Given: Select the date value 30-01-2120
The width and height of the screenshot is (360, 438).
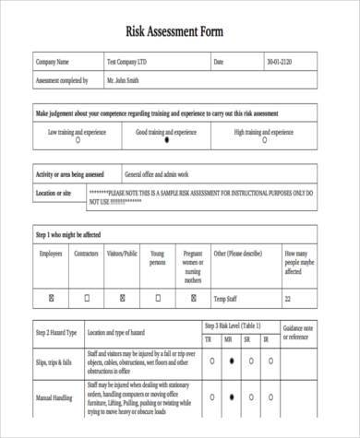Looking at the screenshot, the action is (279, 63).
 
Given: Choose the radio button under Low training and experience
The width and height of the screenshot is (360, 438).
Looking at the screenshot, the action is (77, 141).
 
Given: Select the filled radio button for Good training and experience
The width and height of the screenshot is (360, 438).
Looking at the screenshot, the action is (166, 141).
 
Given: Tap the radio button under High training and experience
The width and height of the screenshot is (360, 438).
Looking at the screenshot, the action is (266, 141).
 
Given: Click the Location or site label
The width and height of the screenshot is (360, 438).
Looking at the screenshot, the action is (54, 194).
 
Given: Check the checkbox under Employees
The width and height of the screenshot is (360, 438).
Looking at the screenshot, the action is (52, 299).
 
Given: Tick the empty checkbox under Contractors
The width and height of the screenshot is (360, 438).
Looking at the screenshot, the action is (87, 299).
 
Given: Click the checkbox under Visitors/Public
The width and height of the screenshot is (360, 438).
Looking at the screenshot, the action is (122, 299).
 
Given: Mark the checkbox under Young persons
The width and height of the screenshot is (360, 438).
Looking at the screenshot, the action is (158, 299).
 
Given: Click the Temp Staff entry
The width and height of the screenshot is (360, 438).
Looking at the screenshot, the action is (227, 299).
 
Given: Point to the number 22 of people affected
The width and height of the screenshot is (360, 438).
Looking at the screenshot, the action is (288, 299).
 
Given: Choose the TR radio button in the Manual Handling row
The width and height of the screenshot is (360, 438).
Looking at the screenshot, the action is (210, 397).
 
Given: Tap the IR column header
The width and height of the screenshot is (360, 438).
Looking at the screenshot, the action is (267, 340).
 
